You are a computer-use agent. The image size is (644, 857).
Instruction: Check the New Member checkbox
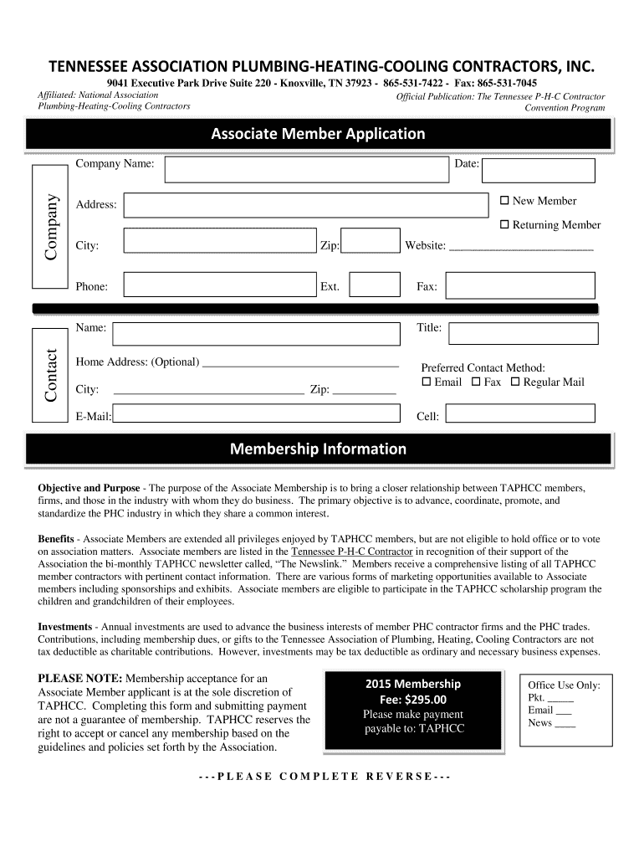(x=504, y=201)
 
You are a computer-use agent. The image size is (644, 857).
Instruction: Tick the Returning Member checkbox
(x=504, y=225)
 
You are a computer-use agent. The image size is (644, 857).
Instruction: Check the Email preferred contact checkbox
(x=426, y=382)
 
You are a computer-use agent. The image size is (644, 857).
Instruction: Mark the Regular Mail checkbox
(x=515, y=382)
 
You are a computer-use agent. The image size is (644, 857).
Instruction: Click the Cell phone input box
(x=519, y=413)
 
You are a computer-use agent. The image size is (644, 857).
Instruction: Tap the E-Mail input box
(x=256, y=413)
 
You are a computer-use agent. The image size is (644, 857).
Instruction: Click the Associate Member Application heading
(x=318, y=134)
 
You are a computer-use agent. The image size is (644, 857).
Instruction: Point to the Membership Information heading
(x=318, y=449)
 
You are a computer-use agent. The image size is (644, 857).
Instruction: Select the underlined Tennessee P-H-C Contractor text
(x=351, y=553)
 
